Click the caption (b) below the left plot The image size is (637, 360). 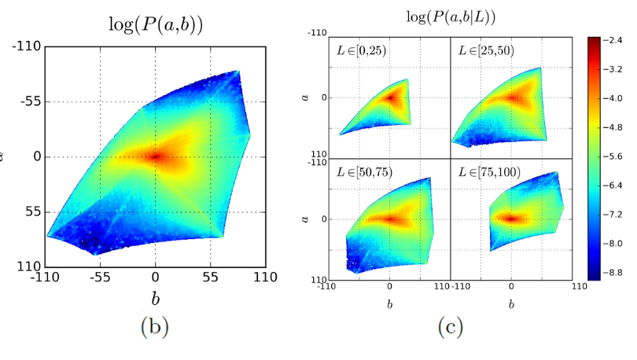(155, 325)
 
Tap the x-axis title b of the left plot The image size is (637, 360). (155, 298)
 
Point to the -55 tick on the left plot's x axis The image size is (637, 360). (99, 277)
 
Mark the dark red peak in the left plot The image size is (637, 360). (155, 156)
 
